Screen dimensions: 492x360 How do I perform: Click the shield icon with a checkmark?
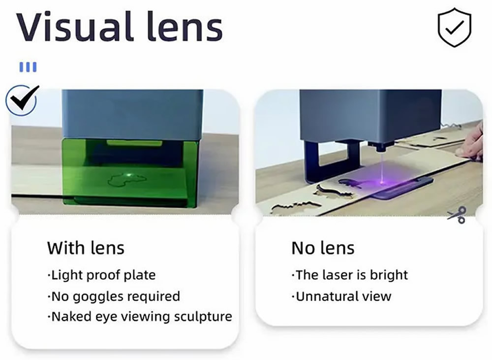tap(454, 28)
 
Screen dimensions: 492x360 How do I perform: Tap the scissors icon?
tap(457, 215)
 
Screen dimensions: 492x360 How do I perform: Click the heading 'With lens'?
tap(86, 248)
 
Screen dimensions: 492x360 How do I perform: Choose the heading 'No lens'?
tap(323, 248)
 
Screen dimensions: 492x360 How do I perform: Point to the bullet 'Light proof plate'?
tap(101, 275)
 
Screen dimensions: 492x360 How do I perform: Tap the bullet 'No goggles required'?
tap(114, 296)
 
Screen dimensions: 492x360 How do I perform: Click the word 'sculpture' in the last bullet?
tap(203, 317)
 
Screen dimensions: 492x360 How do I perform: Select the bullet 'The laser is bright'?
tap(349, 275)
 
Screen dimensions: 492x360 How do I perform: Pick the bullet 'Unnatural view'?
tap(341, 296)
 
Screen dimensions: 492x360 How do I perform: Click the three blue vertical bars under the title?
tap(28, 67)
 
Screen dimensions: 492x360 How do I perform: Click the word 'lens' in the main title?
tap(184, 27)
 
